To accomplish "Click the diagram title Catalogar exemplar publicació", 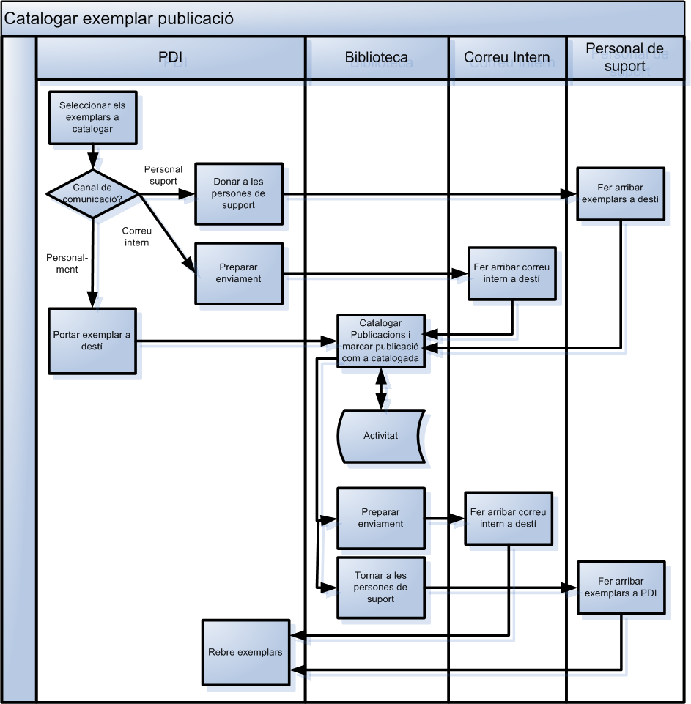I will pyautogui.click(x=119, y=19).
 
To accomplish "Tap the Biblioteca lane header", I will pyautogui.click(x=377, y=58).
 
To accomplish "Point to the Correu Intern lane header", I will pyautogui.click(x=507, y=58).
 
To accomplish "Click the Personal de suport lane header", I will pyautogui.click(x=625, y=58).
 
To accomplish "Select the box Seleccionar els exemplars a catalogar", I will pyautogui.click(x=92, y=117).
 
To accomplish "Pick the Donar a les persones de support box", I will pyautogui.click(x=238, y=193).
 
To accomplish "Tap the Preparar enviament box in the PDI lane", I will pyautogui.click(x=238, y=273).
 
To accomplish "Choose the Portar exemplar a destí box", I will pyautogui.click(x=92, y=341).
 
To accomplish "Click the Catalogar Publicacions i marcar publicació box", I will pyautogui.click(x=380, y=341).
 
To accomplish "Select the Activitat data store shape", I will pyautogui.click(x=380, y=435).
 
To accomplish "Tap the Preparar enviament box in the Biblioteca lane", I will pyautogui.click(x=380, y=518).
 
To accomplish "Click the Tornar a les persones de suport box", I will pyautogui.click(x=380, y=588).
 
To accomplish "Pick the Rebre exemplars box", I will pyautogui.click(x=245, y=652).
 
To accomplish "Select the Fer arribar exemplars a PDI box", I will pyautogui.click(x=621, y=588).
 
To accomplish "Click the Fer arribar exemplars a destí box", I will pyautogui.click(x=621, y=193).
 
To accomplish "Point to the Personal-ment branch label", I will pyautogui.click(x=67, y=264).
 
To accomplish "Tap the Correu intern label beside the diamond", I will pyautogui.click(x=136, y=237).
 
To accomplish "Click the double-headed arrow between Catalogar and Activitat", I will pyautogui.click(x=380, y=388).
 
